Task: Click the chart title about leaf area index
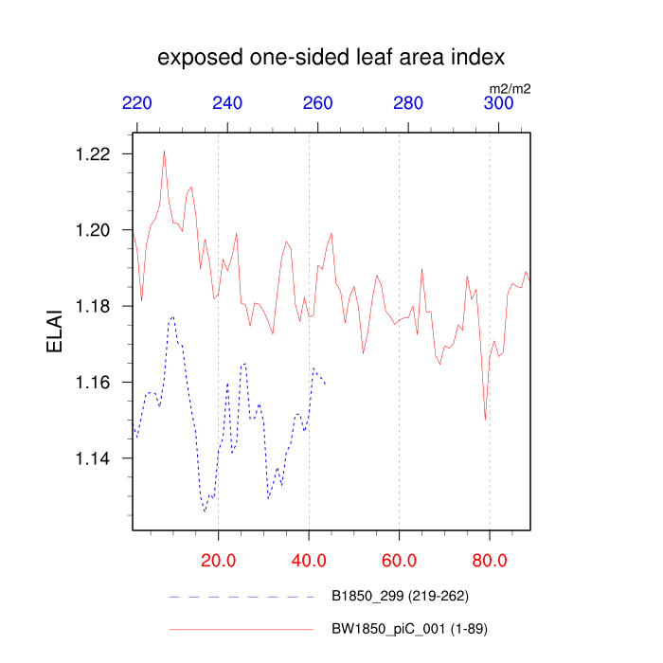tap(331, 58)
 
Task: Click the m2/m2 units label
tap(510, 89)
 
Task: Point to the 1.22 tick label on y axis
tap(94, 154)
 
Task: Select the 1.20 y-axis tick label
tap(94, 230)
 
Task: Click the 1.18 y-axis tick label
tap(94, 307)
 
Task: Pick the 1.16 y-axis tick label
tap(94, 383)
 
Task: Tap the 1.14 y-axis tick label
tap(94, 458)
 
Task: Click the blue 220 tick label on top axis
tap(137, 104)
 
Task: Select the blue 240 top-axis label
tap(228, 104)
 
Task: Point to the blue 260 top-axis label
tap(318, 104)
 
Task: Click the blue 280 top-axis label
tap(408, 104)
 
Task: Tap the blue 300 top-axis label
tap(499, 104)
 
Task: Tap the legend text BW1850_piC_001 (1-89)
tap(410, 628)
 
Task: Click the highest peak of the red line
tap(164, 152)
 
